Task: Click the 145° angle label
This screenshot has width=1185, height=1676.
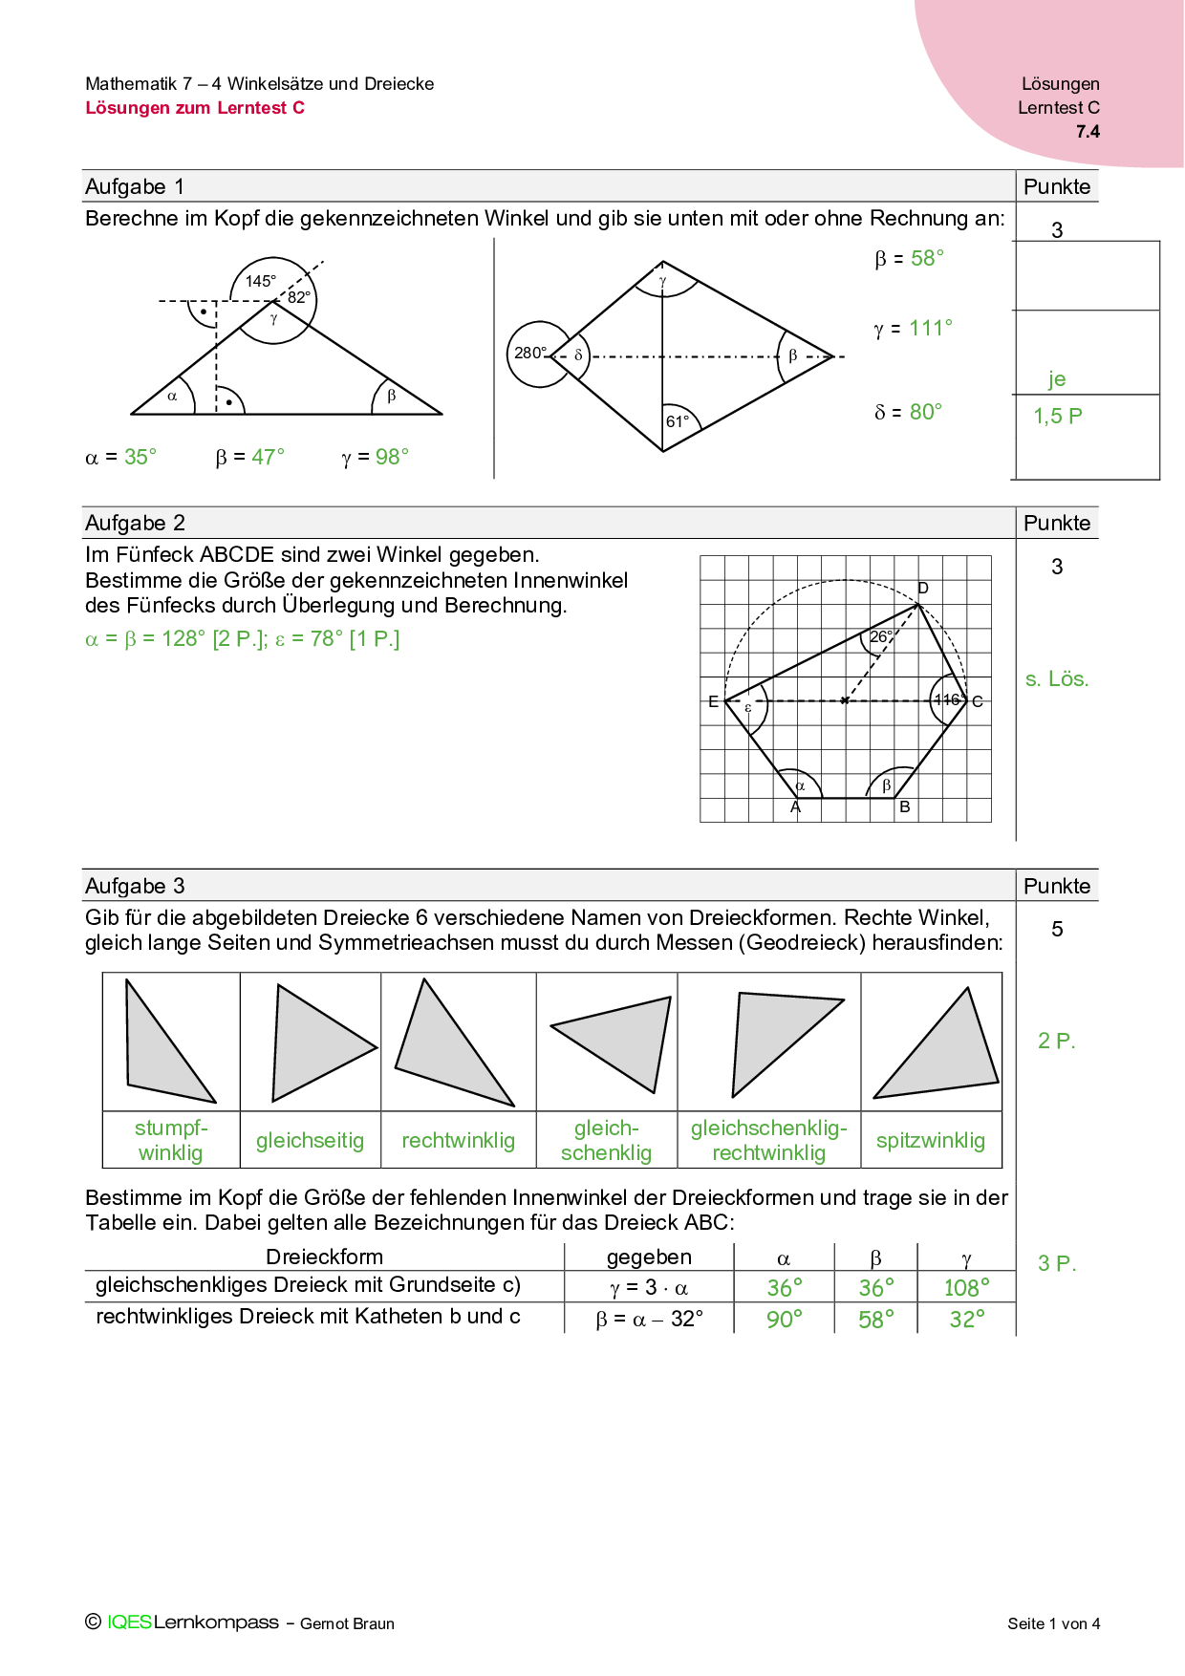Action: point(260,281)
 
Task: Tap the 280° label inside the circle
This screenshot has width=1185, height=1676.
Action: point(530,353)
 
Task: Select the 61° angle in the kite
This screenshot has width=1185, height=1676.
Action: point(678,421)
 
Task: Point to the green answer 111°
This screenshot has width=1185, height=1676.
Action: point(931,329)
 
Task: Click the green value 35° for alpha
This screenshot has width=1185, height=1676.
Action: point(140,457)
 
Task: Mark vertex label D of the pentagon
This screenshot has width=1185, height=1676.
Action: point(923,588)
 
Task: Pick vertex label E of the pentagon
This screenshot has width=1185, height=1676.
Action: point(713,701)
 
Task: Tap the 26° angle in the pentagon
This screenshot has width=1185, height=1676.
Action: point(880,636)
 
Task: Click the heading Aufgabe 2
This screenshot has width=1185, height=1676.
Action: point(135,523)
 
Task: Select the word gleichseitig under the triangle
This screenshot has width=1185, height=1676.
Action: point(310,1140)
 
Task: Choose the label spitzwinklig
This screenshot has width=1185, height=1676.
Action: point(930,1140)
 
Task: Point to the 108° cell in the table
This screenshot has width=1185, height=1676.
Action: point(966,1288)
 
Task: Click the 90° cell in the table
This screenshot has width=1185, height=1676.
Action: point(784,1320)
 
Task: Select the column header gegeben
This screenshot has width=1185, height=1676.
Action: point(649,1257)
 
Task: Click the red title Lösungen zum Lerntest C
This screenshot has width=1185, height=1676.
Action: point(195,108)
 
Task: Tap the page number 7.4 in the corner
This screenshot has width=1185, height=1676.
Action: point(1088,132)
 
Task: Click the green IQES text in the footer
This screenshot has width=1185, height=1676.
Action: point(129,1622)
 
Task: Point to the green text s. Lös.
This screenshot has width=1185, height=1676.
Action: point(1056,679)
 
